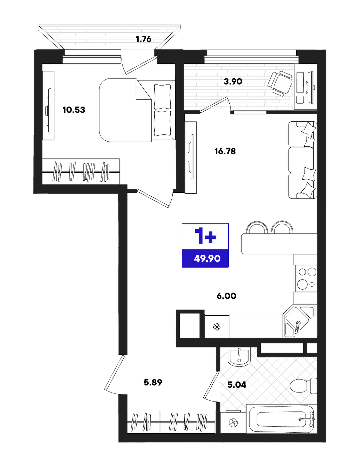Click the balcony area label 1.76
tap(143, 39)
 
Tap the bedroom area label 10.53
tap(74, 110)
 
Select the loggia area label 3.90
tap(233, 82)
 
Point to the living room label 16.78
tap(225, 151)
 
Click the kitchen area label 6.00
tap(226, 296)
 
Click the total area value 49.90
tap(207, 258)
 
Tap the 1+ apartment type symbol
tap(205, 236)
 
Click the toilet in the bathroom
tap(303, 386)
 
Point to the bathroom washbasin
tap(239, 357)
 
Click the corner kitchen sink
tap(299, 322)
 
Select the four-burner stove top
tap(305, 279)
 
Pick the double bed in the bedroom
tap(137, 110)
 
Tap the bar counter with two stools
tap(279, 238)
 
